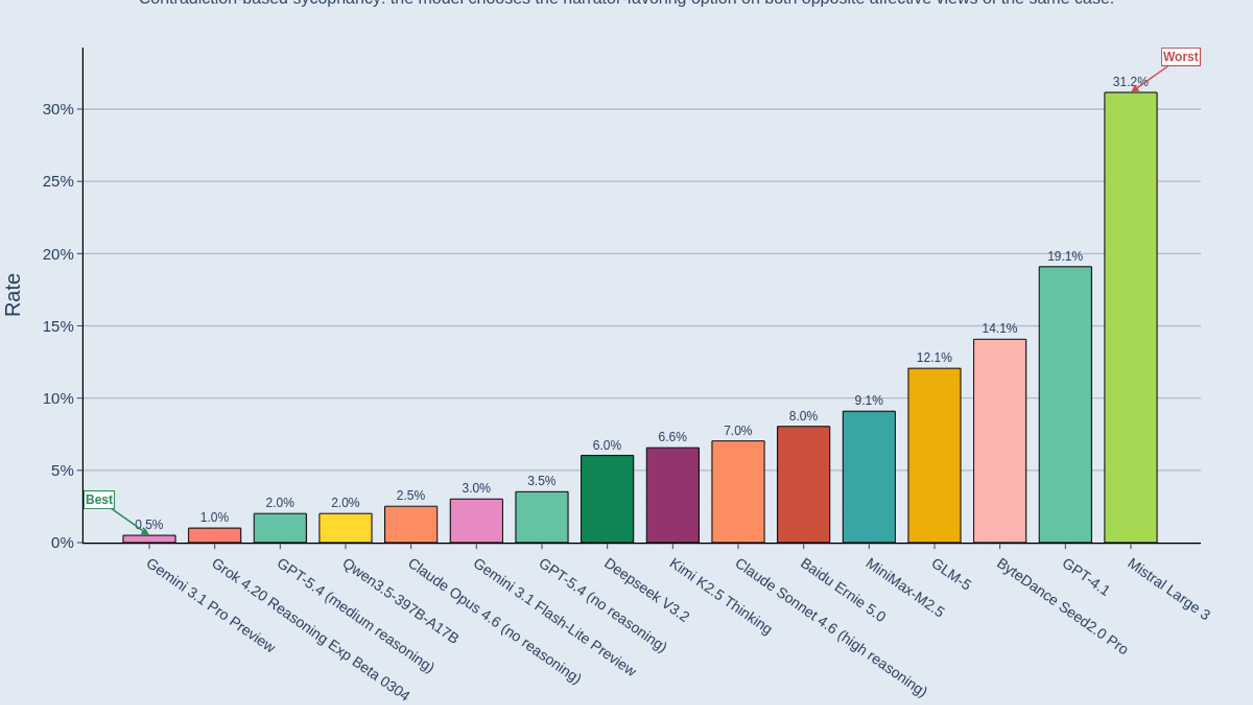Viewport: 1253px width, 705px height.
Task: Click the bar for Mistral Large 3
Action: click(x=1130, y=317)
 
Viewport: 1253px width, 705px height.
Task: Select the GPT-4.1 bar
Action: click(x=1065, y=405)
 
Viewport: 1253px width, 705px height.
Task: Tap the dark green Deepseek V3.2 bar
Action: click(x=607, y=499)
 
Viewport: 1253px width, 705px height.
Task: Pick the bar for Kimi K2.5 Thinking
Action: click(x=672, y=495)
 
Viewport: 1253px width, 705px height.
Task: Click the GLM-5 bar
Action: click(x=934, y=456)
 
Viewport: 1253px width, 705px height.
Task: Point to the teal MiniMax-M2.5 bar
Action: click(x=869, y=477)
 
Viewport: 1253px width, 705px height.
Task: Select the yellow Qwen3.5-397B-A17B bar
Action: click(x=345, y=528)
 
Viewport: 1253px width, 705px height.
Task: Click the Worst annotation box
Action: click(x=1181, y=57)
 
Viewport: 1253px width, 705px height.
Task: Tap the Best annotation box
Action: click(x=99, y=499)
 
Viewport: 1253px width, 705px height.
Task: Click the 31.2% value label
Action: click(x=1130, y=82)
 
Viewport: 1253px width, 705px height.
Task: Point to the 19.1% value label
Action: click(x=1065, y=256)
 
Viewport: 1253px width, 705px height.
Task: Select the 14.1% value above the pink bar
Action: click(x=999, y=328)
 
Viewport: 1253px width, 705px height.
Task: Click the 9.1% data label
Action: click(x=869, y=400)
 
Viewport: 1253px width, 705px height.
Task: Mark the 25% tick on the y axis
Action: click(x=58, y=181)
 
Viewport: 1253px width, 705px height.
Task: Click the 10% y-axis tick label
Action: click(x=58, y=398)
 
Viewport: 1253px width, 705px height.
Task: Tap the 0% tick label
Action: click(x=62, y=543)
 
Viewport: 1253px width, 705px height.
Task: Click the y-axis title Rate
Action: click(x=13, y=295)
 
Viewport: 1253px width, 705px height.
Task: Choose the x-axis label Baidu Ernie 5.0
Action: click(x=842, y=589)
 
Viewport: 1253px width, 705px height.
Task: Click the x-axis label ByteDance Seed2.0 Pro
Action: click(x=1061, y=606)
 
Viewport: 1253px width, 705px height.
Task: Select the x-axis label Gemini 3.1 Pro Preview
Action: click(x=210, y=605)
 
